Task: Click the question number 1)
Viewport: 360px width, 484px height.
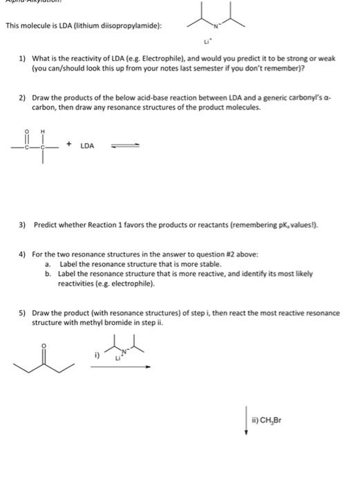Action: click(x=22, y=59)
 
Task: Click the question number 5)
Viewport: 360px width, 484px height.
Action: click(x=22, y=313)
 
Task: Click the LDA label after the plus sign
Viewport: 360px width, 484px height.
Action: click(x=88, y=146)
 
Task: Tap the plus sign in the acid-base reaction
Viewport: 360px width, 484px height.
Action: click(x=70, y=146)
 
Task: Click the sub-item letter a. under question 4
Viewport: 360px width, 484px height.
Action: click(x=48, y=264)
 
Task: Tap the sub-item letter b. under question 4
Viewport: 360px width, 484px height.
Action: click(x=48, y=273)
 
